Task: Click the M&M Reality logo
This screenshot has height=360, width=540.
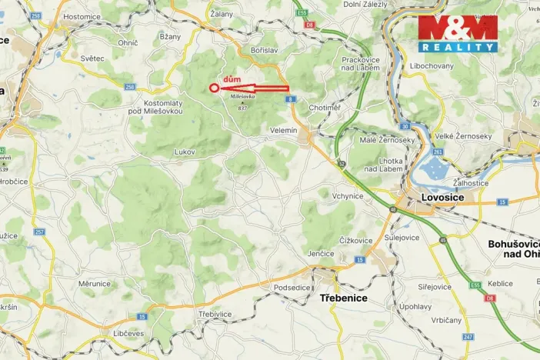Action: tap(458, 33)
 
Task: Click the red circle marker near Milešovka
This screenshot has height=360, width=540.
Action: tap(214, 88)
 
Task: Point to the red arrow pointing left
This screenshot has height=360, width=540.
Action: tap(254, 88)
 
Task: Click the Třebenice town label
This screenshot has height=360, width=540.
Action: tap(342, 297)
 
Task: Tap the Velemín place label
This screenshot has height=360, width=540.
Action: tap(284, 131)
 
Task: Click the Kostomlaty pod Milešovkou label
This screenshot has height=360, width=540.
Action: tap(162, 107)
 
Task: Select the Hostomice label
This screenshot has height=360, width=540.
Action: tap(82, 16)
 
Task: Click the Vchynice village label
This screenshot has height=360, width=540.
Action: tap(347, 195)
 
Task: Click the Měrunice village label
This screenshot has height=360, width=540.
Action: tap(94, 283)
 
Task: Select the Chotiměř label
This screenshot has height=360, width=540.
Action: tap(325, 108)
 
